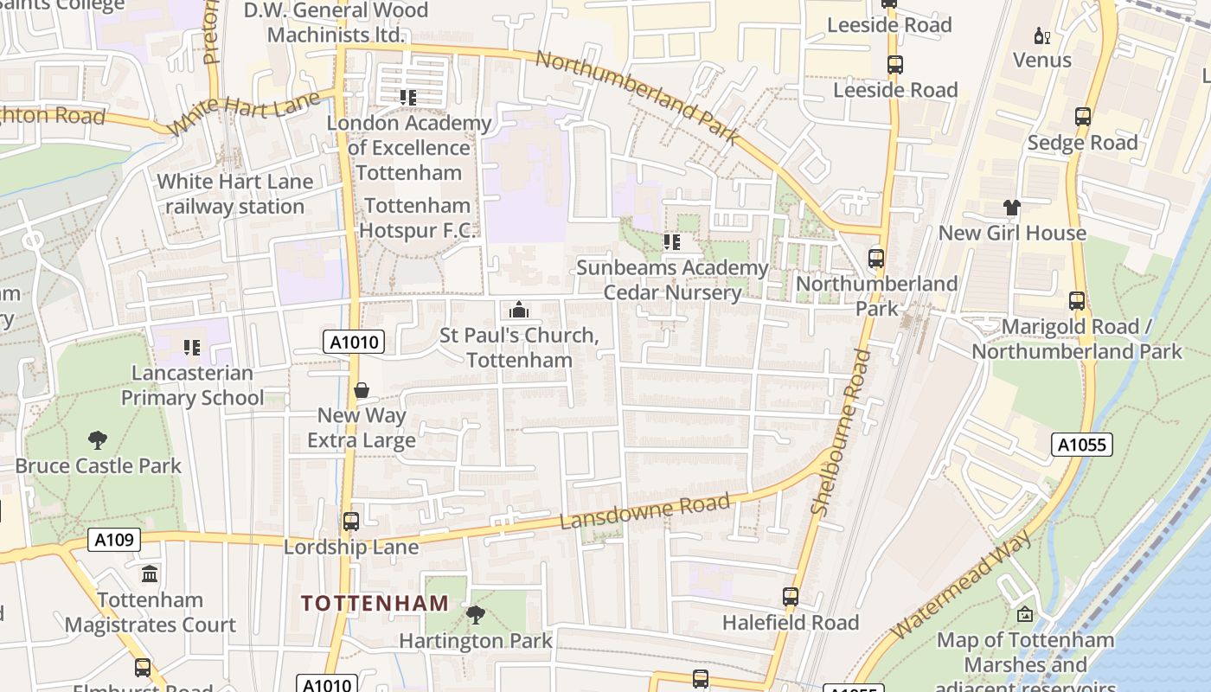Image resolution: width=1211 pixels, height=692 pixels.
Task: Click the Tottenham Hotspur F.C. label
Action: [418, 218]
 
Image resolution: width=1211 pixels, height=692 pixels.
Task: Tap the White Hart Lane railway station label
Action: [234, 194]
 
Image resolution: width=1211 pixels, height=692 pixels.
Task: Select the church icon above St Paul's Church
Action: [519, 310]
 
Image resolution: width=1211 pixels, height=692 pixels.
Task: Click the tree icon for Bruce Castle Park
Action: [98, 440]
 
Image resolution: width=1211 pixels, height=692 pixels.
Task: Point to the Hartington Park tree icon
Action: [475, 615]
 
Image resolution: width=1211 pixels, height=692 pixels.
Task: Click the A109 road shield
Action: [114, 541]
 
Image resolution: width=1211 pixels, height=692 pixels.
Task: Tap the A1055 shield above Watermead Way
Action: [1081, 445]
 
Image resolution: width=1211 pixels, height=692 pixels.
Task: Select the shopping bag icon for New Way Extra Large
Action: [362, 391]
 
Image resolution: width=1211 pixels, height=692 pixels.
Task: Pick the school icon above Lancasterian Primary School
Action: [192, 348]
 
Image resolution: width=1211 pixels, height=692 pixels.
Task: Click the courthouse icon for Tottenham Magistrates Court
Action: [150, 574]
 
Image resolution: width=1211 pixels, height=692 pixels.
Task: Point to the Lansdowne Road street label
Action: [645, 511]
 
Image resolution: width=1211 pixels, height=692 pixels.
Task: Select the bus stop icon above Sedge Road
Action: [1082, 117]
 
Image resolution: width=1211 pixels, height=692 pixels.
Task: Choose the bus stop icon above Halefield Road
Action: [791, 597]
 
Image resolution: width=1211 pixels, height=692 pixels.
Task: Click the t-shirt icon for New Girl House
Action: [1012, 208]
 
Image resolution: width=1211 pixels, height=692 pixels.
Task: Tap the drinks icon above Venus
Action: [1041, 35]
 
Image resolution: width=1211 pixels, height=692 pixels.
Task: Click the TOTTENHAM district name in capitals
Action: [375, 603]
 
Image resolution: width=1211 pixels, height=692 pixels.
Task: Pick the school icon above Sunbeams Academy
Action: [672, 242]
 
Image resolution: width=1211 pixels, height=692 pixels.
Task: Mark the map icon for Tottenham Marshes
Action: [1025, 615]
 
